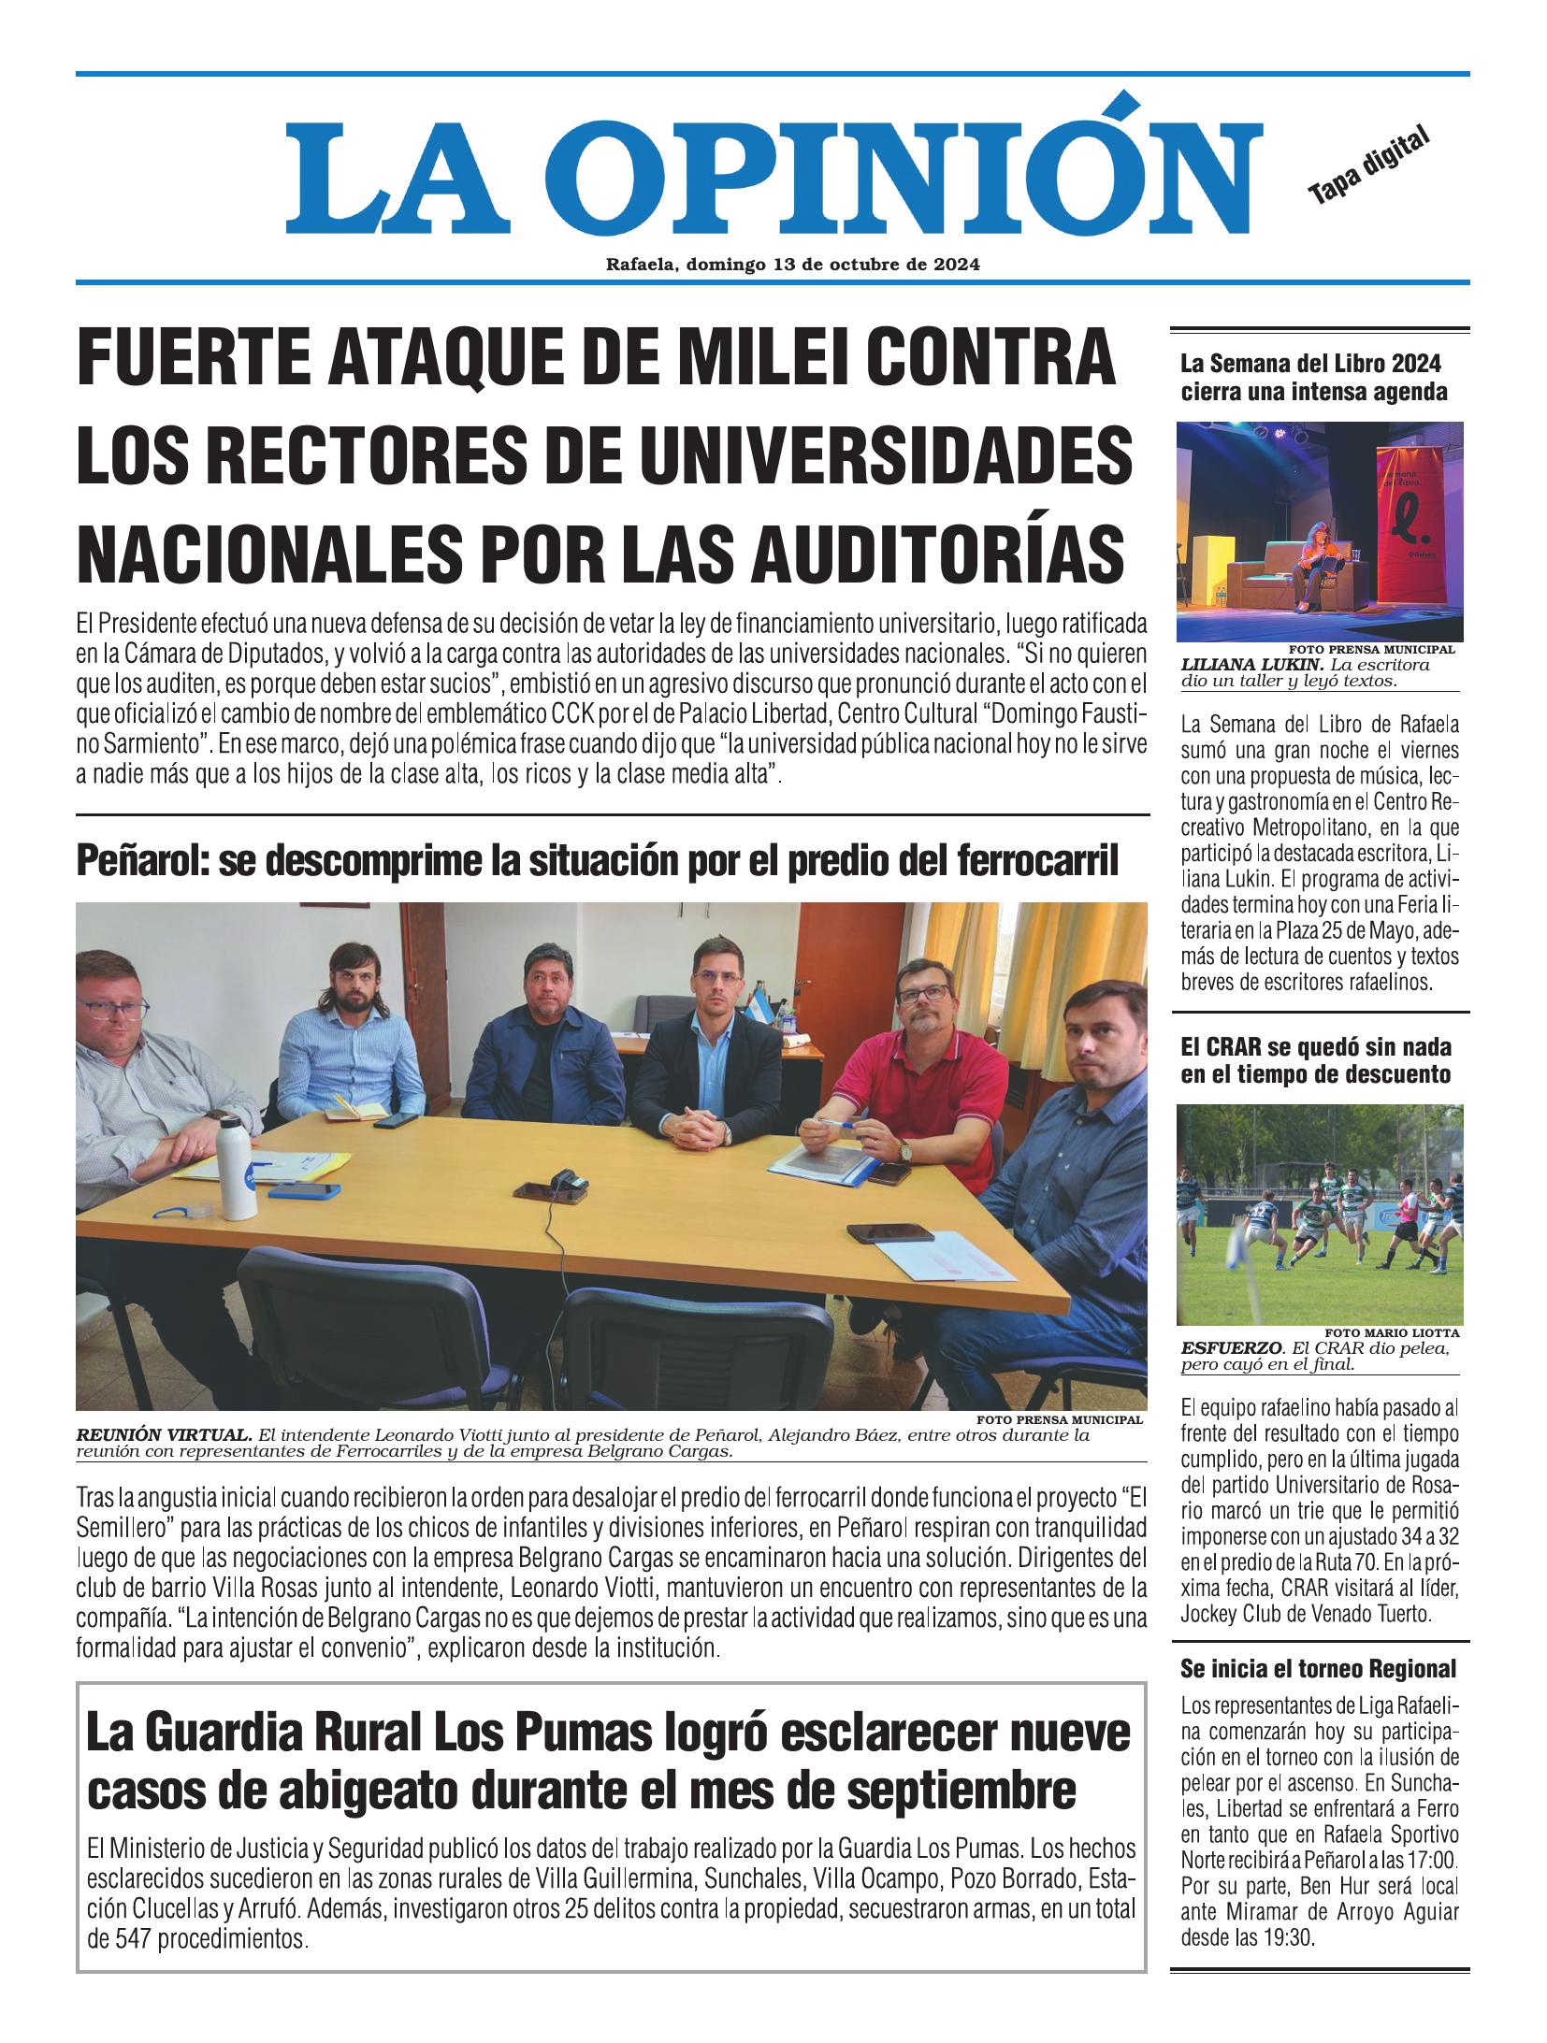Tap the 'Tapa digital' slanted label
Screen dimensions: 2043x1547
pos(1369,165)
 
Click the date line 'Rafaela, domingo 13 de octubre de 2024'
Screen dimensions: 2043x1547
pos(792,265)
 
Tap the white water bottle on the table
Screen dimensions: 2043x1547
pos(239,1168)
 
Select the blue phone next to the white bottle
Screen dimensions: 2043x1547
pos(303,1190)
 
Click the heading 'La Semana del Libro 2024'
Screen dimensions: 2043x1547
pos(1310,363)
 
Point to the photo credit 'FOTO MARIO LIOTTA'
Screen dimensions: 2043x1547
pos(1392,1332)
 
